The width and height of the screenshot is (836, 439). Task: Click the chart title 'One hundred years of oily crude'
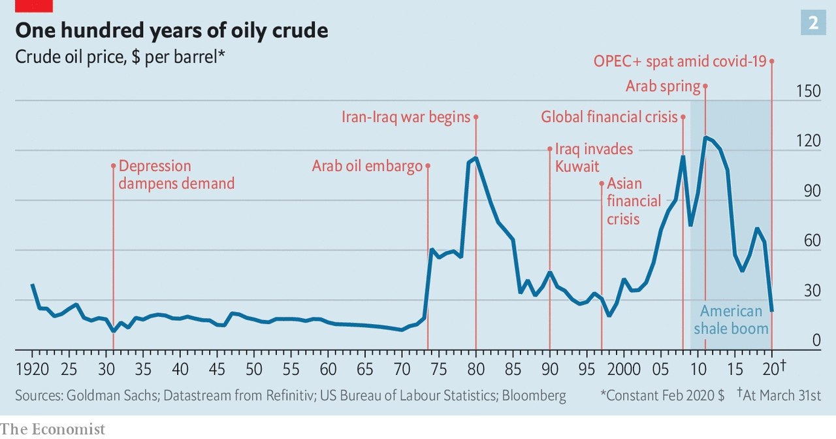172,30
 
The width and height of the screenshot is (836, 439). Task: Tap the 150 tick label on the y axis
808,91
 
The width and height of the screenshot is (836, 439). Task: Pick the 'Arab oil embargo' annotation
367,166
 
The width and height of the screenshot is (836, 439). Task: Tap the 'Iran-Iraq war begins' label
406,117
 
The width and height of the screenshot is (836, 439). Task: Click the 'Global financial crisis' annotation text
609,117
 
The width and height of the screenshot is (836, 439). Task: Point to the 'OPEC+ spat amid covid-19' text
679,61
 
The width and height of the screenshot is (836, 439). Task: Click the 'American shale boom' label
731,319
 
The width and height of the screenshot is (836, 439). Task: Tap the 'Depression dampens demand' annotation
176,174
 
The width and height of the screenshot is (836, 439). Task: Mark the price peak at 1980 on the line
475,158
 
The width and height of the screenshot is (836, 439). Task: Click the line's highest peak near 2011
705,137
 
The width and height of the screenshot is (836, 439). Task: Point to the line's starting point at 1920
33,285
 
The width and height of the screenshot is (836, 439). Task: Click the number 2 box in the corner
813,24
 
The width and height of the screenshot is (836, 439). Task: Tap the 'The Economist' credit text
52,429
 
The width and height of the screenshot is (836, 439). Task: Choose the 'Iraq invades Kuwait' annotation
594,157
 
